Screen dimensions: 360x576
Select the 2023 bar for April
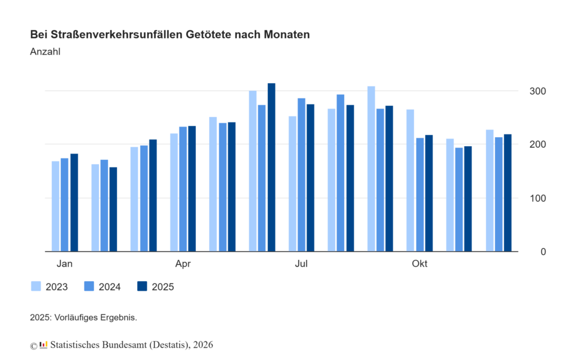[174, 192]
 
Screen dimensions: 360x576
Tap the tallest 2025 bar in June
[272, 168]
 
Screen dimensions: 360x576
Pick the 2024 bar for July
[301, 175]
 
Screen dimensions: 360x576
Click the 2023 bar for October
[410, 181]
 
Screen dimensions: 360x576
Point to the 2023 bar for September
[371, 169]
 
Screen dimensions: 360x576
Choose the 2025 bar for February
[113, 209]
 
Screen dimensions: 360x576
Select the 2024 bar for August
[340, 173]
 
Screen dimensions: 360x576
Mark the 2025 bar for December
[507, 193]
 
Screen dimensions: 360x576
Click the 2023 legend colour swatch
[36, 286]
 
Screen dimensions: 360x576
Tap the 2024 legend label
[109, 287]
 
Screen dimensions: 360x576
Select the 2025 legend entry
[155, 287]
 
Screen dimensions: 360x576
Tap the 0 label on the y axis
[543, 251]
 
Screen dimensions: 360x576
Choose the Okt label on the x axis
[419, 264]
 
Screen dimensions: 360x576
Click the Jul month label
[301, 264]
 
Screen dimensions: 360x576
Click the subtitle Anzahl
[45, 52]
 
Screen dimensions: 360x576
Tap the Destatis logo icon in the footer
[43, 344]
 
